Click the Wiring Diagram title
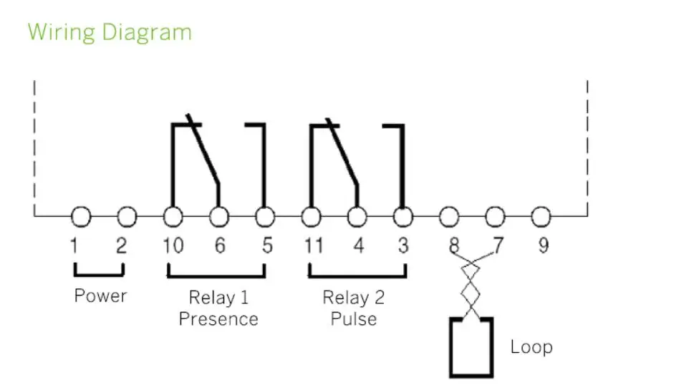[110, 32]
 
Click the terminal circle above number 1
[82, 216]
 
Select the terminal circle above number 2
[127, 216]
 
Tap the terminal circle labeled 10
[173, 216]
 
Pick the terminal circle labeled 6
[218, 216]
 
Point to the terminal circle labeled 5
[264, 216]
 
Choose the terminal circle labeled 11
[310, 216]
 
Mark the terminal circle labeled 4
[356, 216]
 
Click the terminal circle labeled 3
[403, 216]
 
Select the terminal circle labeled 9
[541, 216]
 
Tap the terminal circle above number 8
[448, 216]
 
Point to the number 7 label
[498, 245]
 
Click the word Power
[100, 296]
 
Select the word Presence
[218, 318]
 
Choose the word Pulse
[354, 318]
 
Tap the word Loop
[531, 348]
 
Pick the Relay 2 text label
[354, 297]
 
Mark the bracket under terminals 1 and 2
[99, 273]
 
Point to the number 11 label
[313, 245]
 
